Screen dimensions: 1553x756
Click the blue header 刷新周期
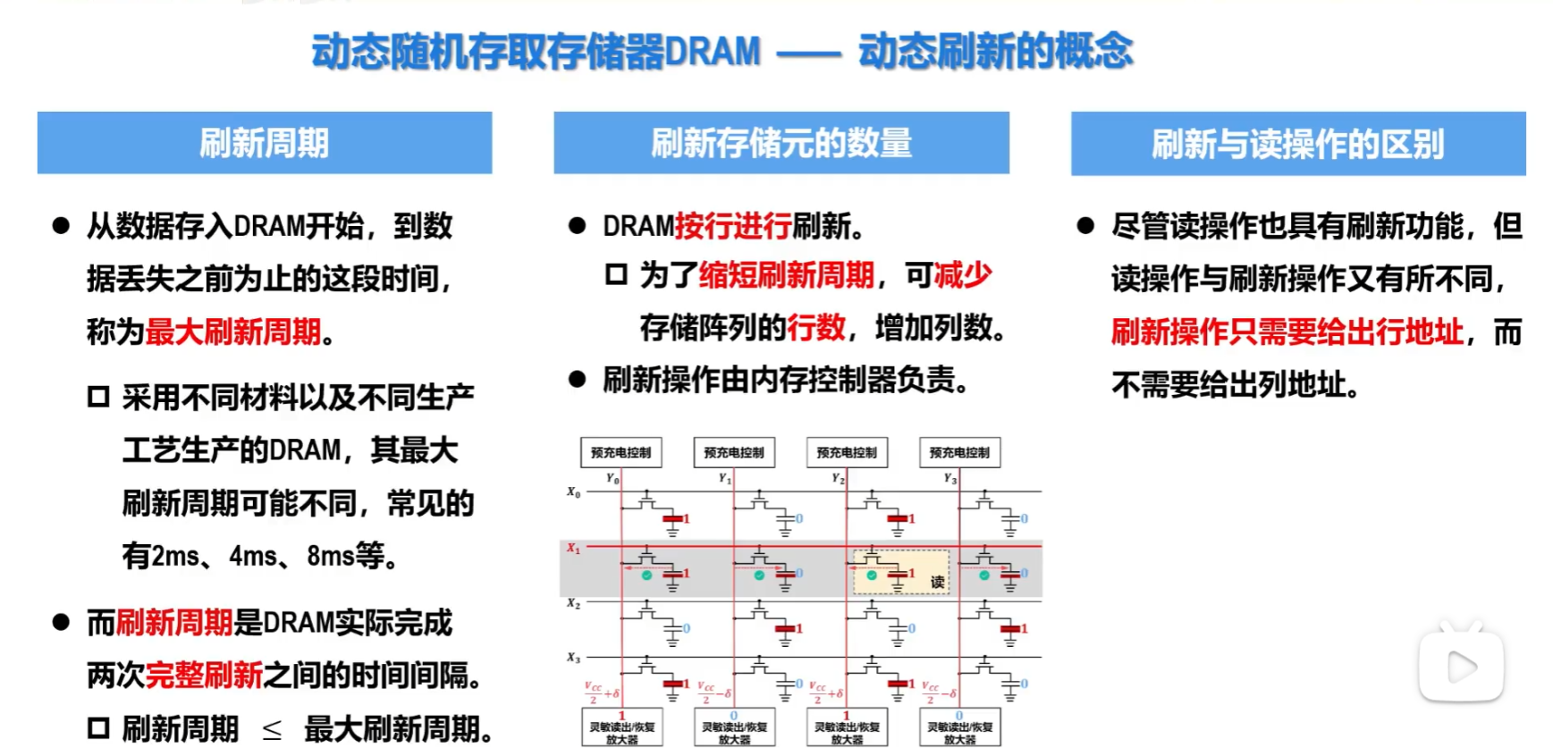[x=265, y=143]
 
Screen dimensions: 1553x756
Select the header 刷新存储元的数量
[x=781, y=143]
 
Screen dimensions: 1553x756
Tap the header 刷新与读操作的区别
[x=1297, y=144]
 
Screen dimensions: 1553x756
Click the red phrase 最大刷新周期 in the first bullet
[x=232, y=332]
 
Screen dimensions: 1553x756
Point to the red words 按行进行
[x=733, y=226]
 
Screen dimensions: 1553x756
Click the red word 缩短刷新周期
[x=786, y=275]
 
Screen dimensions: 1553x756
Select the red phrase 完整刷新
[x=204, y=676]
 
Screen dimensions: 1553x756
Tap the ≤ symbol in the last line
[x=272, y=730]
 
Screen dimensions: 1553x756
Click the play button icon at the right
[x=1461, y=667]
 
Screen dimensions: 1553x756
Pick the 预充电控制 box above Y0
[x=621, y=453]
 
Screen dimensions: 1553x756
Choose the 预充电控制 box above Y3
[x=959, y=453]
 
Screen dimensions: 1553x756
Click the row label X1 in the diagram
[x=573, y=549]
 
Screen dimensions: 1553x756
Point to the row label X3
[x=573, y=659]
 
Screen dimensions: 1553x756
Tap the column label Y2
[x=838, y=479]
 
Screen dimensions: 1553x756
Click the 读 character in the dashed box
[x=937, y=582]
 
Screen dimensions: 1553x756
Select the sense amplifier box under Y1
[x=734, y=728]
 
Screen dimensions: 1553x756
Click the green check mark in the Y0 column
[x=646, y=575]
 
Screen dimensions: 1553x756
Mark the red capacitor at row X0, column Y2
[x=897, y=519]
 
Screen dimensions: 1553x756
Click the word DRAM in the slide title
[x=713, y=51]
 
